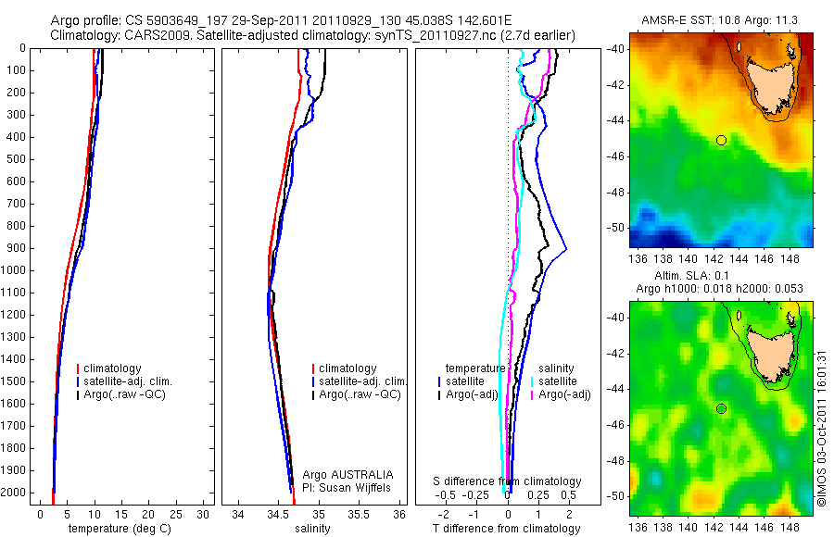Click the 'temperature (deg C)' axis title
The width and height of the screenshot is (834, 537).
click(x=120, y=529)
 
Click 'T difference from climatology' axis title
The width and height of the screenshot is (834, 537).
click(x=508, y=529)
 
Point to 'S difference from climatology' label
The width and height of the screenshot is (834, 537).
click(x=508, y=482)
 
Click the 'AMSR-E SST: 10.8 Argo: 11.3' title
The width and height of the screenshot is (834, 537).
click(x=722, y=20)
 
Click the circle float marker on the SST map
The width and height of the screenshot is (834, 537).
click(x=721, y=140)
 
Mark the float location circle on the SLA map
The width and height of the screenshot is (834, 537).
click(x=721, y=408)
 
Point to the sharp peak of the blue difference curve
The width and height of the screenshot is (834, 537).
click(x=565, y=249)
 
